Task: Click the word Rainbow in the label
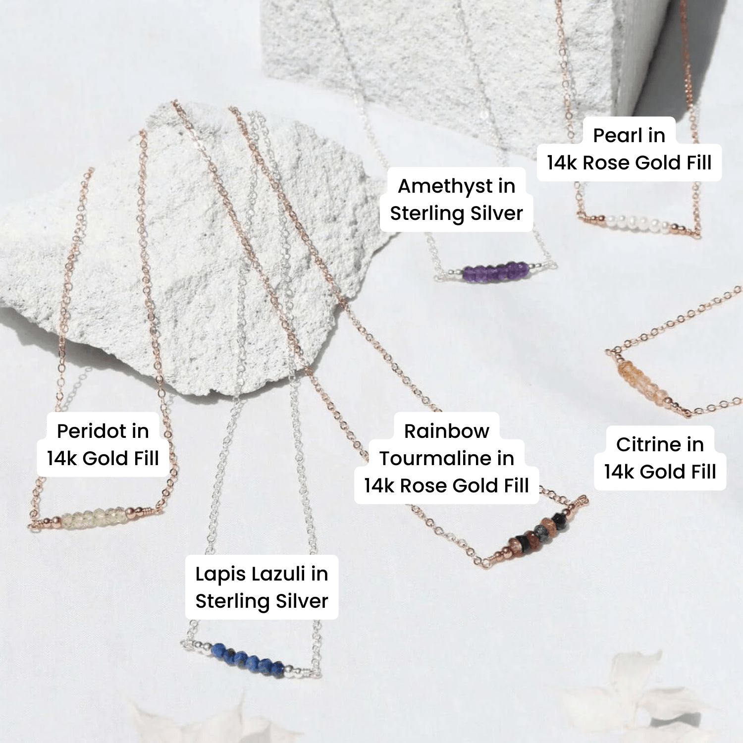(446, 431)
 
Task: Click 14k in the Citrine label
(619, 472)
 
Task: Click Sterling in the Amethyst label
(427, 213)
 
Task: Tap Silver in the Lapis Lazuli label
(302, 601)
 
